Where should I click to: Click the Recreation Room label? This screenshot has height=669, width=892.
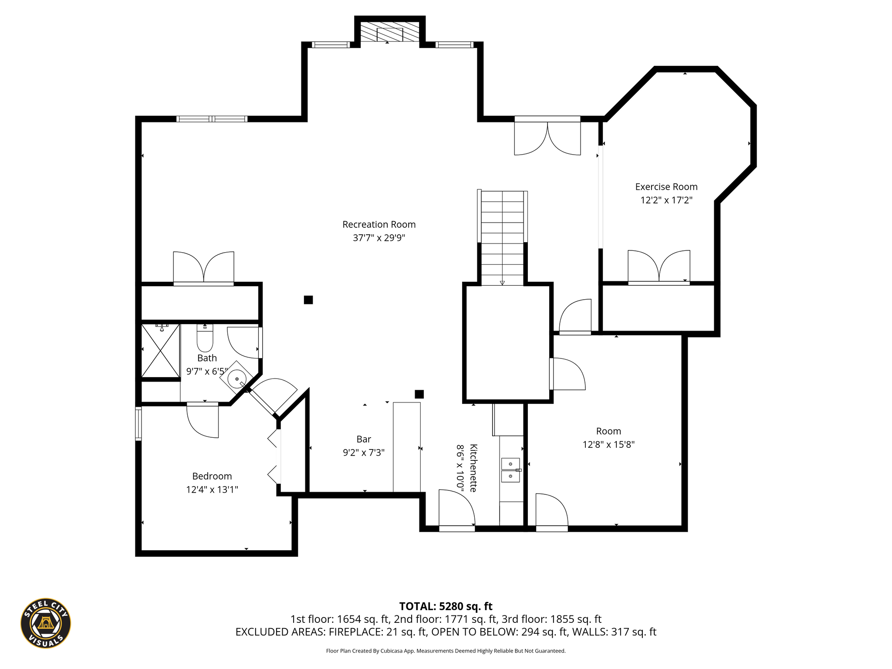[x=379, y=224]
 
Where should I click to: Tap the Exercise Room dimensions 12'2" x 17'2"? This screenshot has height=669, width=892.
[x=666, y=200]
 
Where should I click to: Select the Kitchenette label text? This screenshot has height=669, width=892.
[x=473, y=468]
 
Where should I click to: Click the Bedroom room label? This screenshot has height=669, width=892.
[x=212, y=476]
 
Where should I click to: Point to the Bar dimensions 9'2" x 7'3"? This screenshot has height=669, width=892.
[x=364, y=453]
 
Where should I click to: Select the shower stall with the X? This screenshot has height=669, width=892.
[x=161, y=351]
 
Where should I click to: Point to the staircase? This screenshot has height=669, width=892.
[x=502, y=238]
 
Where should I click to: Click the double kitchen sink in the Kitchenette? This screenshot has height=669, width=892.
[x=510, y=470]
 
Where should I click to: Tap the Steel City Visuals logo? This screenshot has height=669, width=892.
[x=46, y=623]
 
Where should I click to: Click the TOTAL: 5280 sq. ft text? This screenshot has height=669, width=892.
[x=446, y=606]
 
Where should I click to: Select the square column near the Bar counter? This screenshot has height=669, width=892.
[x=419, y=394]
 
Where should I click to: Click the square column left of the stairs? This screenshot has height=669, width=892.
[x=308, y=300]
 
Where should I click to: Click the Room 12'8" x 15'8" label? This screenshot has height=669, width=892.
[x=608, y=438]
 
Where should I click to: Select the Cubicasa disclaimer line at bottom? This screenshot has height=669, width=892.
[x=446, y=651]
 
